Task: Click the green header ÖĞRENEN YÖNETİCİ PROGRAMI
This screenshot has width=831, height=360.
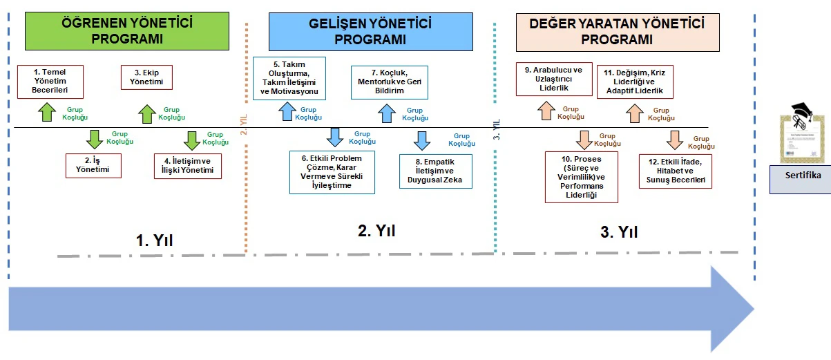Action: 127,31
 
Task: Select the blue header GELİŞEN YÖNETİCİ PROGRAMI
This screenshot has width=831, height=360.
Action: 370,32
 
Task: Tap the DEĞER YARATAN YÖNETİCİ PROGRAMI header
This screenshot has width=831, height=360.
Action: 616,32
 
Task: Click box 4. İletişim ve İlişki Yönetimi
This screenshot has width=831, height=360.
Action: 188,166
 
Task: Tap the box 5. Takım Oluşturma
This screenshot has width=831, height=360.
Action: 289,79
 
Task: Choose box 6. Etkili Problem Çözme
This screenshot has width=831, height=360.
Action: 332,172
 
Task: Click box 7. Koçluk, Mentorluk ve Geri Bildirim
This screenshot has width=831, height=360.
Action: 390,82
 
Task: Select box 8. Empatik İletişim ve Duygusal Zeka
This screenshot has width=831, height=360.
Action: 435,171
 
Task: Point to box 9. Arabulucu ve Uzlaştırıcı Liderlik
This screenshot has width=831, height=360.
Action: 553,79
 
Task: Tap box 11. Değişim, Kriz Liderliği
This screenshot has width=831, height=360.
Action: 635,82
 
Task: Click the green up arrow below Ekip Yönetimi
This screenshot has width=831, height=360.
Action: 146,113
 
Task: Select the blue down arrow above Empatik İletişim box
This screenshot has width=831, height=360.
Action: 421,140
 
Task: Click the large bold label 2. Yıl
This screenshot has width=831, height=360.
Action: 376,231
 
